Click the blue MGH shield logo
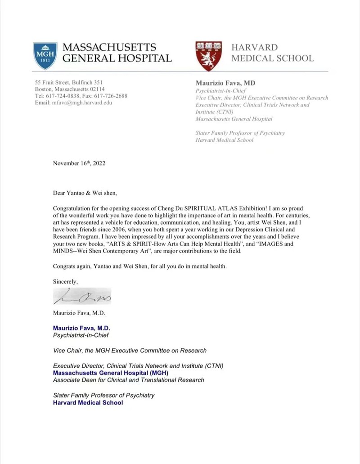[x=45, y=56]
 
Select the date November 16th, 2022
[x=79, y=163]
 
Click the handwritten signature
[x=82, y=297]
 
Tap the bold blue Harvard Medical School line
[x=88, y=402]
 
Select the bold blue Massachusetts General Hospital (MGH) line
[x=108, y=373]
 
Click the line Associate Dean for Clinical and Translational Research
[x=128, y=380]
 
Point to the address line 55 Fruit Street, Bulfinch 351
[x=69, y=82]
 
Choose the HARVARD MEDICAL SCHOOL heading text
[x=272, y=53]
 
